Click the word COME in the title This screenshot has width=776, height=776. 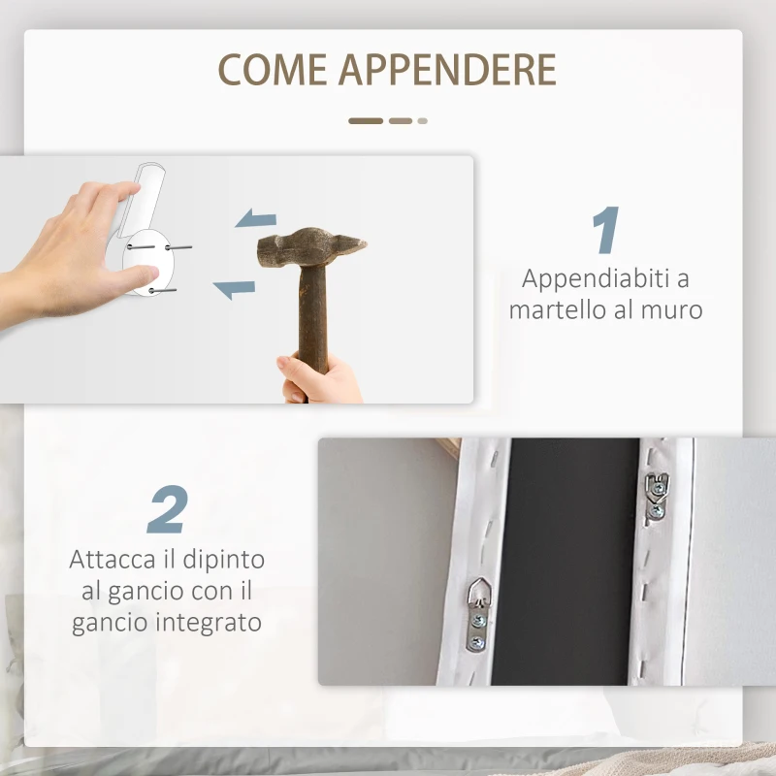tap(273, 70)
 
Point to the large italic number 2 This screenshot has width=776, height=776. tap(167, 510)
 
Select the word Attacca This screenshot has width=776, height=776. tap(112, 560)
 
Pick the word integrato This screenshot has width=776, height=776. tap(205, 621)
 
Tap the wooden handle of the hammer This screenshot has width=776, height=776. tap(311, 320)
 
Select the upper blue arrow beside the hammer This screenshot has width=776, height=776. tap(256, 218)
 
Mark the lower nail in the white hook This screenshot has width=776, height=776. tap(163, 289)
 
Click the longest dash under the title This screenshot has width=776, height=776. tap(366, 121)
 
